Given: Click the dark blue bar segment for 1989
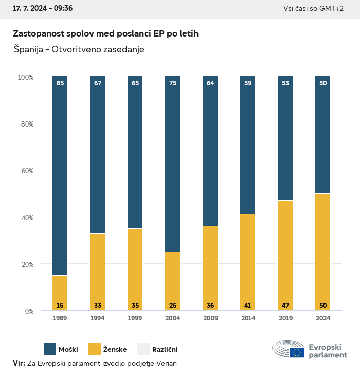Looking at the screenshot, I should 60,175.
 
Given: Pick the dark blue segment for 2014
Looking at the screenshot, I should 248,144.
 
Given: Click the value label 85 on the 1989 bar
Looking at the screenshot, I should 60,83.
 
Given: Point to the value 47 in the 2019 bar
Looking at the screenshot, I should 285,306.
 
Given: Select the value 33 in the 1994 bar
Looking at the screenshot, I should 97,306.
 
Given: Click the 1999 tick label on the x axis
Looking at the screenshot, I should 135,318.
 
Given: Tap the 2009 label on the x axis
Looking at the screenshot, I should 210,318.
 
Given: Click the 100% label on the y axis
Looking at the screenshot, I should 25,77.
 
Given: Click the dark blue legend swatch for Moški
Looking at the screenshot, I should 50,349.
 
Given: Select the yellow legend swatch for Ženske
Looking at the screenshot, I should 95,349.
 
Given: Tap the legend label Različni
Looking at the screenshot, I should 165,350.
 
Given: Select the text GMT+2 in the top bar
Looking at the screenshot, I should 332,8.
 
